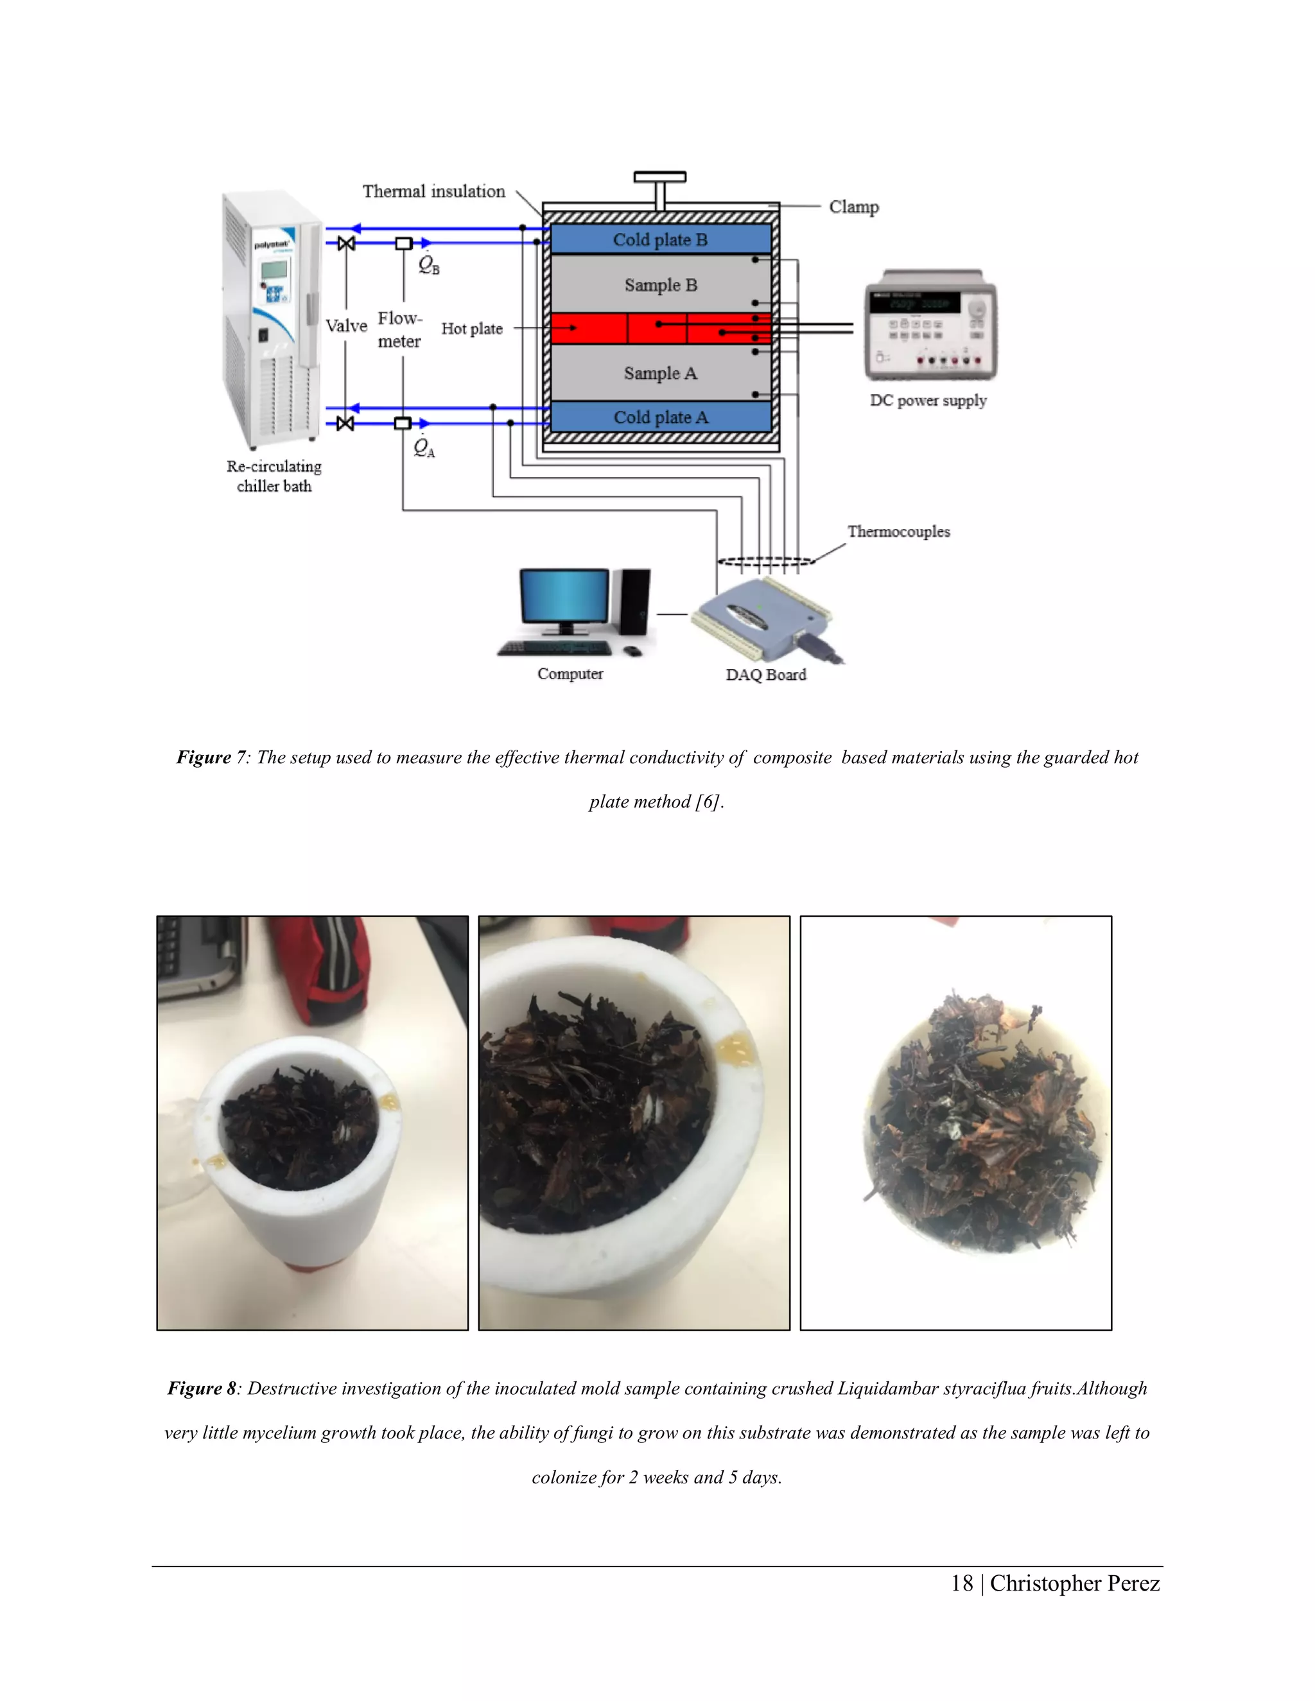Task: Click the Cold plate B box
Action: click(660, 240)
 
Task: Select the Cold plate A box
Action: click(660, 417)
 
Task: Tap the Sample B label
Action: click(660, 285)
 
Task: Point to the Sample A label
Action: click(660, 373)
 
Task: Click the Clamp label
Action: click(853, 207)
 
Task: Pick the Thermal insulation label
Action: click(433, 191)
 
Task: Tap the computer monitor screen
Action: click(564, 596)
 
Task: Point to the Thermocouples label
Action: click(898, 532)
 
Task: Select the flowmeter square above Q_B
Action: click(403, 244)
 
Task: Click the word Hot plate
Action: click(471, 329)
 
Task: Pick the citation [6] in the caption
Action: click(708, 802)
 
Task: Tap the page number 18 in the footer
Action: click(961, 1584)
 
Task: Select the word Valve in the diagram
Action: click(346, 326)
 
